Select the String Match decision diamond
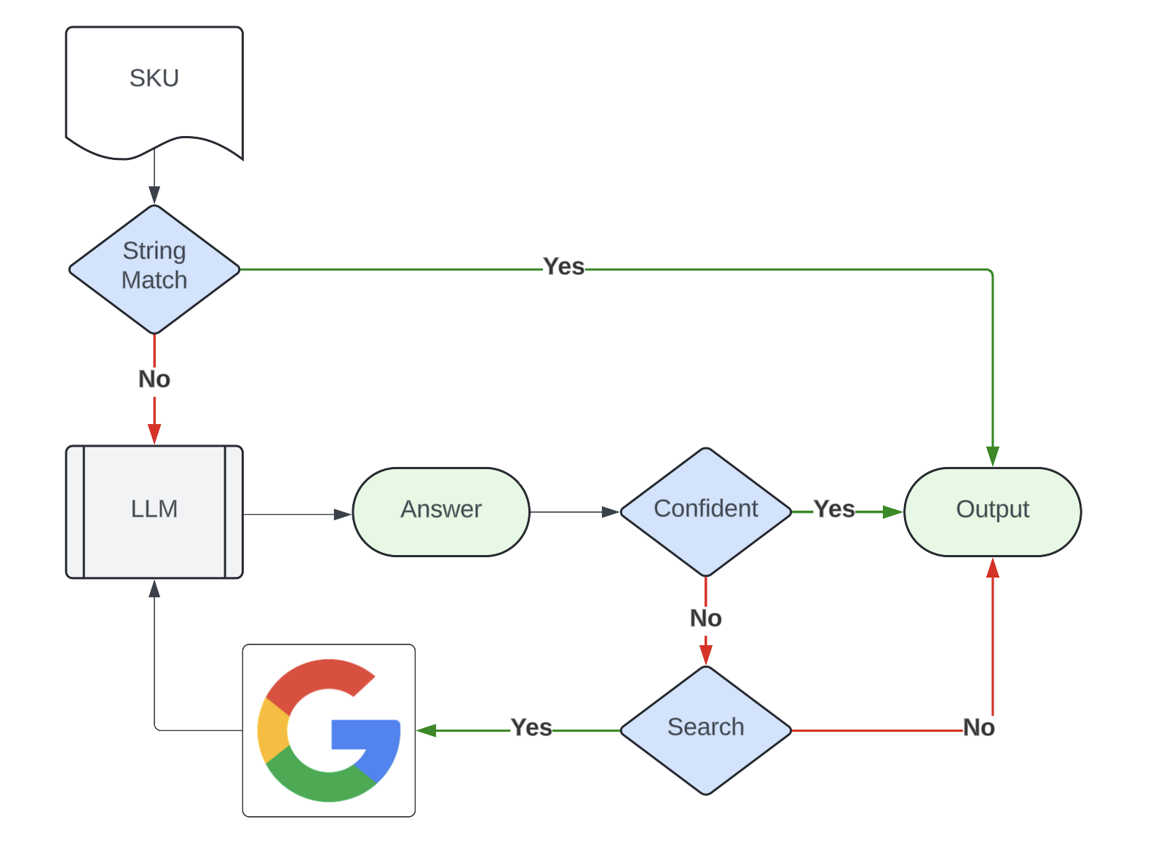pos(154,269)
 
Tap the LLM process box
pos(154,512)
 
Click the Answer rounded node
pos(441,512)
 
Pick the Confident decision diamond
pos(706,512)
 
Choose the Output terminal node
pos(992,512)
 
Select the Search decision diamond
pos(706,730)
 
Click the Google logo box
pos(329,730)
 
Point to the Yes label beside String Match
pos(563,266)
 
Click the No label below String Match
pos(154,379)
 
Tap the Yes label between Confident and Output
pos(833,509)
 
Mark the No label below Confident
pos(706,618)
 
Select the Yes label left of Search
pos(531,727)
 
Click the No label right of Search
pos(978,727)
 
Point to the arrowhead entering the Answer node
pos(343,514)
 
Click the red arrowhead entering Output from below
pos(992,567)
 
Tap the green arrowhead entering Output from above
pos(992,457)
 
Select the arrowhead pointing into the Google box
pos(427,730)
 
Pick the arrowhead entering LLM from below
pos(154,588)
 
